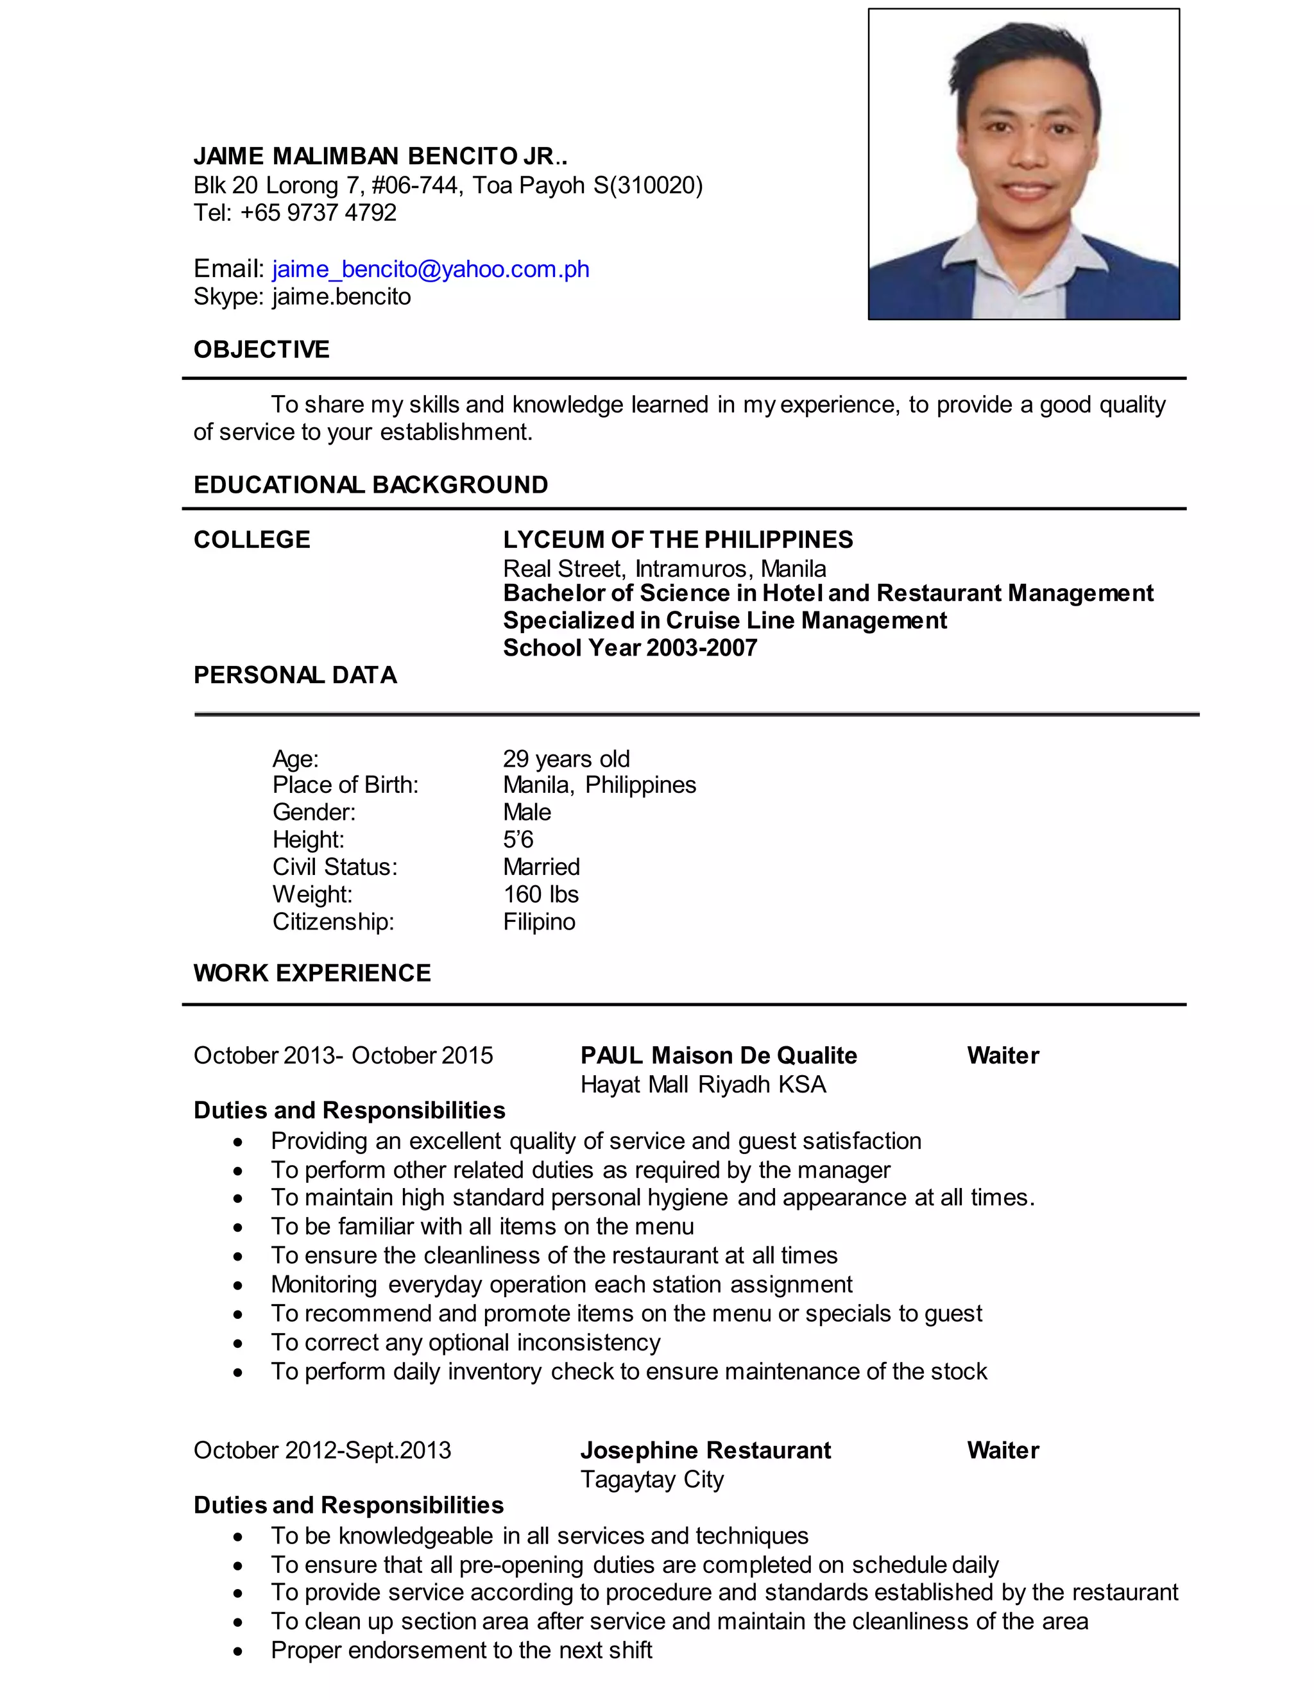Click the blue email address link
431,269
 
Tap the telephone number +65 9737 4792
318,212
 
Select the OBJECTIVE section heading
262,350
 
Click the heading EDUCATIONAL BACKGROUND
371,485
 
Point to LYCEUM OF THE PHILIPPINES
678,540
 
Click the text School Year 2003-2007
630,648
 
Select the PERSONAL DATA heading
295,675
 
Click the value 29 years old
566,758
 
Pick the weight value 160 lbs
540,894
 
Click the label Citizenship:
333,922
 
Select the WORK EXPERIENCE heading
312,973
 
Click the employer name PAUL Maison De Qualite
719,1055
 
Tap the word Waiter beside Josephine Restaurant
1003,1450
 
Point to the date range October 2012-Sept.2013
322,1450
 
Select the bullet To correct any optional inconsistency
466,1342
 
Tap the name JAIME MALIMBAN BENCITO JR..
380,156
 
